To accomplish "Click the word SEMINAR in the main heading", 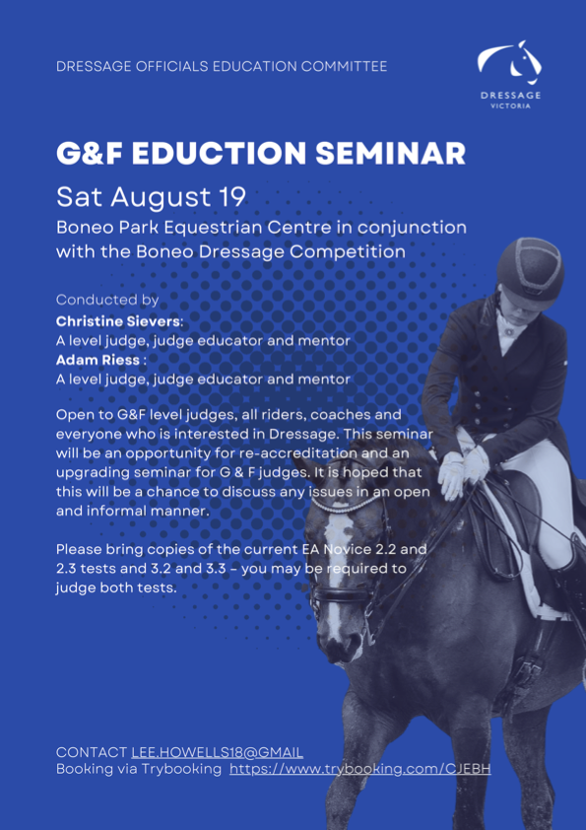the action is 391,154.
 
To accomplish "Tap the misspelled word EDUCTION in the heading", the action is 219,154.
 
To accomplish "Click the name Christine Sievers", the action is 118,321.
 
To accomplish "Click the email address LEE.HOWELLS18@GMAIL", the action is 218,753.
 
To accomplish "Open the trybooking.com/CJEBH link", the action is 360,769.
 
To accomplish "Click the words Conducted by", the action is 107,300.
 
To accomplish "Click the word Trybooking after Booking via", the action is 181,769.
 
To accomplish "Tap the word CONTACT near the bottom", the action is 92,753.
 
